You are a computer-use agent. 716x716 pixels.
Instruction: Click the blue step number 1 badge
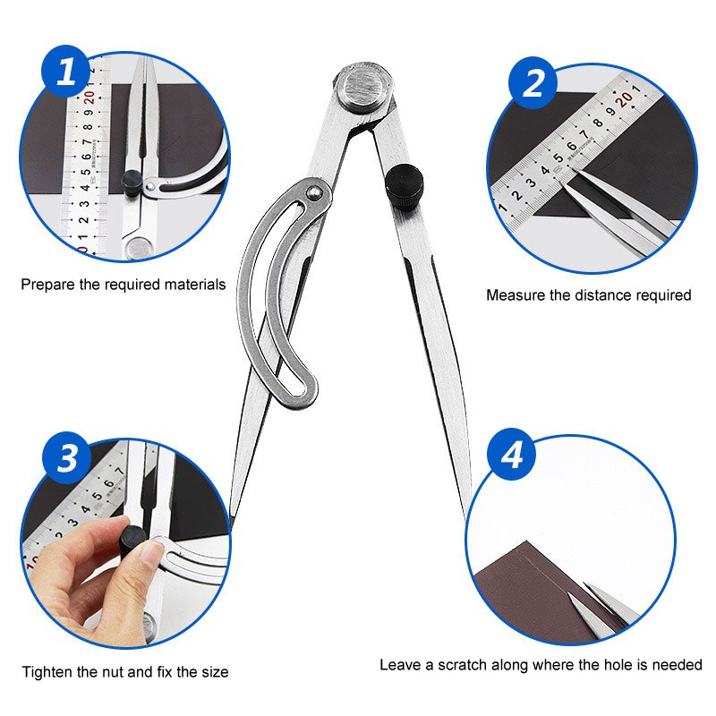[67, 72]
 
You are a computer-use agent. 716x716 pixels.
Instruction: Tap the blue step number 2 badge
[533, 82]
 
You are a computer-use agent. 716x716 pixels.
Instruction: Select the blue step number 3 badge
[68, 458]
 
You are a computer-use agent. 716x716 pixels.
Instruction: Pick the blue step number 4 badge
[512, 456]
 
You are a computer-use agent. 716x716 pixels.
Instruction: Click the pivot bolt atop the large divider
[363, 88]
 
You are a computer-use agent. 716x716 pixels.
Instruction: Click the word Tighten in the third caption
[48, 671]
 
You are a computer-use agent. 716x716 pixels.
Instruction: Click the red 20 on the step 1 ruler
[90, 99]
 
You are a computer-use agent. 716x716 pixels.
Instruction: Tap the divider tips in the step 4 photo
[595, 594]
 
